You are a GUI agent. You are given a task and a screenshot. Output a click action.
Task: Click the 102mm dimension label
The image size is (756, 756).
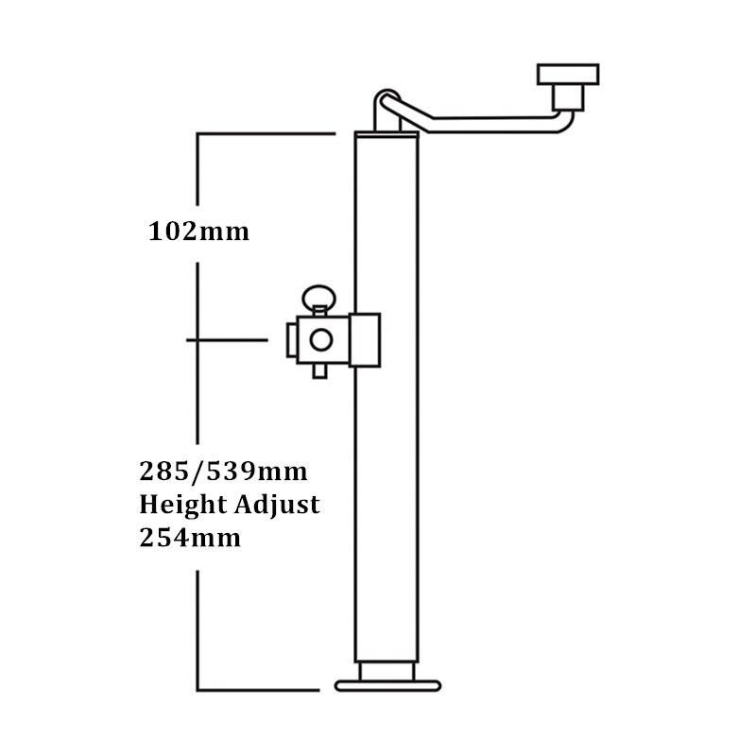199,231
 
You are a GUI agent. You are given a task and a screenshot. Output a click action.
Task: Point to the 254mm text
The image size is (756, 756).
189,539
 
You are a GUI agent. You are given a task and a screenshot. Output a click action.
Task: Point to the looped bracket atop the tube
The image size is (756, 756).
386,105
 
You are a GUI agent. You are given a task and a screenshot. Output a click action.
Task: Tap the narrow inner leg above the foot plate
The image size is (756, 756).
387,669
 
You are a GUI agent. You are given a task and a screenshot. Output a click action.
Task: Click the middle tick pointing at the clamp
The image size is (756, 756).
227,338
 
